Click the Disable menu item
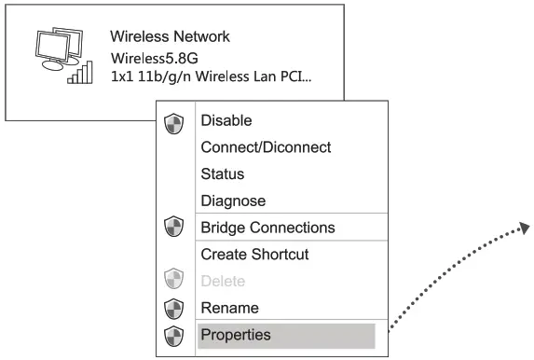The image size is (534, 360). coord(226,120)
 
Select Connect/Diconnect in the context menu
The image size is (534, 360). coord(266,147)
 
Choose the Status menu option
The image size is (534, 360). coord(222,174)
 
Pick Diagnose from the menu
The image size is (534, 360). coord(233,201)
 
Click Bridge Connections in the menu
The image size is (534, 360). coord(267,228)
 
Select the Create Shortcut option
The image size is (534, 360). coord(254,254)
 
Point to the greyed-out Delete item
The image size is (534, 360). coord(223,281)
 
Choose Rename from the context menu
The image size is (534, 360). coord(229,308)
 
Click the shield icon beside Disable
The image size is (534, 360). coord(173,122)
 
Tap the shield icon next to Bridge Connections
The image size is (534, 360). coord(173,228)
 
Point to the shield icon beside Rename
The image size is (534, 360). coord(173,308)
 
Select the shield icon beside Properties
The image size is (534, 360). coord(173,335)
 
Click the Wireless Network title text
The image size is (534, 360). coord(170,37)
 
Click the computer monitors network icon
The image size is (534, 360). coord(54,50)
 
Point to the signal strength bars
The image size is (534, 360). coord(81,73)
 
